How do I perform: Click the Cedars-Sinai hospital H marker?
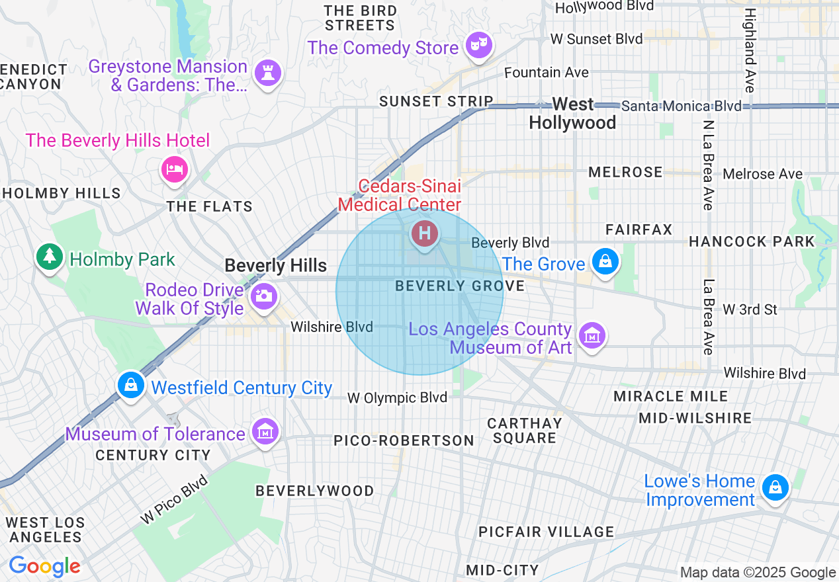tap(424, 233)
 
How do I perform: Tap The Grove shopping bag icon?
tap(605, 261)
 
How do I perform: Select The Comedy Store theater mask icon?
tap(479, 45)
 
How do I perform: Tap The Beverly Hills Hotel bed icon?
tap(175, 168)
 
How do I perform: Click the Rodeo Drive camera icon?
tap(263, 296)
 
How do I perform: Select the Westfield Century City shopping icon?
tap(131, 384)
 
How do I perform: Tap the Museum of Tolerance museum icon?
tap(265, 432)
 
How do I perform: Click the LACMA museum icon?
tap(592, 335)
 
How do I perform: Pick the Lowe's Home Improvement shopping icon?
tap(774, 487)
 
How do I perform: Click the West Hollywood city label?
tap(572, 113)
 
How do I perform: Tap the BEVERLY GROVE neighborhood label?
tap(460, 286)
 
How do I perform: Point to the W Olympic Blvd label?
tap(398, 397)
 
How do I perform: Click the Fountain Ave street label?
tap(547, 72)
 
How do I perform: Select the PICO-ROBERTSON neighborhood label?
tap(404, 440)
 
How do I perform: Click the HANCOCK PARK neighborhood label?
tap(752, 241)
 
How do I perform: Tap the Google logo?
tap(44, 566)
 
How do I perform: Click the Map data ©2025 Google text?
tap(758, 573)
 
